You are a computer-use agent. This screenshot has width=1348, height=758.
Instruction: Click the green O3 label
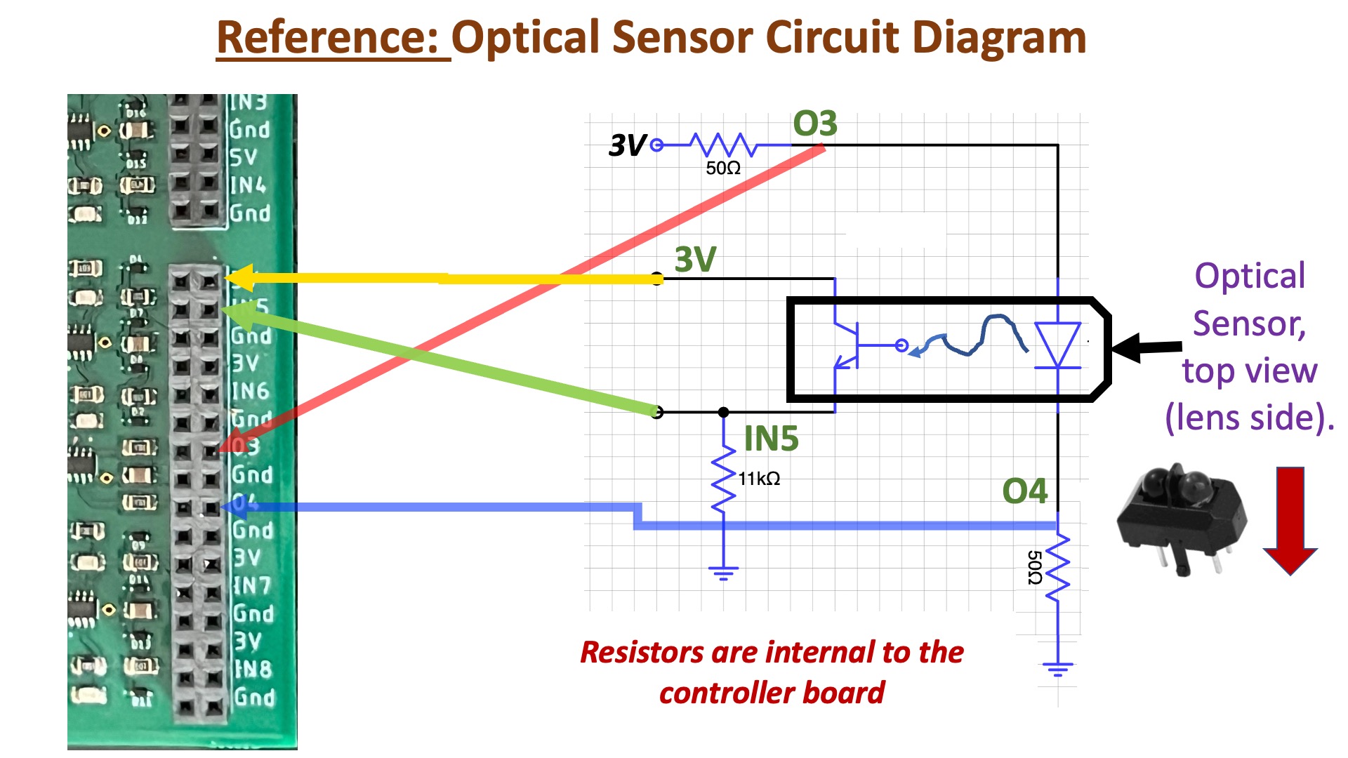[x=814, y=124]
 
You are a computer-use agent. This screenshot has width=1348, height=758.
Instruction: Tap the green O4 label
[x=1024, y=491]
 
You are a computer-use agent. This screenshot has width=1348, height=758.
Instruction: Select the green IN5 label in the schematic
[x=771, y=439]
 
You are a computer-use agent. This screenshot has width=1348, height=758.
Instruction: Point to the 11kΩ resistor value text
[x=759, y=479]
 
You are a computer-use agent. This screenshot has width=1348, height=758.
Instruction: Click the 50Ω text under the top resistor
[x=723, y=168]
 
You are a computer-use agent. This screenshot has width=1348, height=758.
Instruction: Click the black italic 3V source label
[x=626, y=146]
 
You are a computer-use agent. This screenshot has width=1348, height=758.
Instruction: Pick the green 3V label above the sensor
[x=695, y=260]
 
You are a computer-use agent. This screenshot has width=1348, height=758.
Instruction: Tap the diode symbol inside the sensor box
[x=1057, y=345]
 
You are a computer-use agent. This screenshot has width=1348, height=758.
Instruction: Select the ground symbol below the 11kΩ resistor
[x=723, y=573]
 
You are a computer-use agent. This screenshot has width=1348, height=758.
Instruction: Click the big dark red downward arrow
[x=1290, y=519]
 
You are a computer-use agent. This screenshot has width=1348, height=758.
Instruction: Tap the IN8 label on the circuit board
[x=253, y=669]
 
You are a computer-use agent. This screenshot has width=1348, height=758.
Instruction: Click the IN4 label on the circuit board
[x=249, y=185]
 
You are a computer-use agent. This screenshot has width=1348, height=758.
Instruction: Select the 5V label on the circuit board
[x=244, y=157]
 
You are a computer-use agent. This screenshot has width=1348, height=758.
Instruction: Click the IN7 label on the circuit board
[x=251, y=585]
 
